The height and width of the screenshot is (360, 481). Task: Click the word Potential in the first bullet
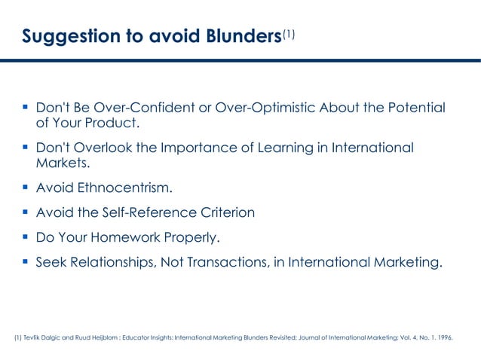click(414, 108)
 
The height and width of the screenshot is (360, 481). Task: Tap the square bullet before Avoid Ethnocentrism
click(26, 188)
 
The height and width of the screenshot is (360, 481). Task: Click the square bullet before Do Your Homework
click(26, 238)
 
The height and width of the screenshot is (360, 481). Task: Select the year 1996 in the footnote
click(444, 338)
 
